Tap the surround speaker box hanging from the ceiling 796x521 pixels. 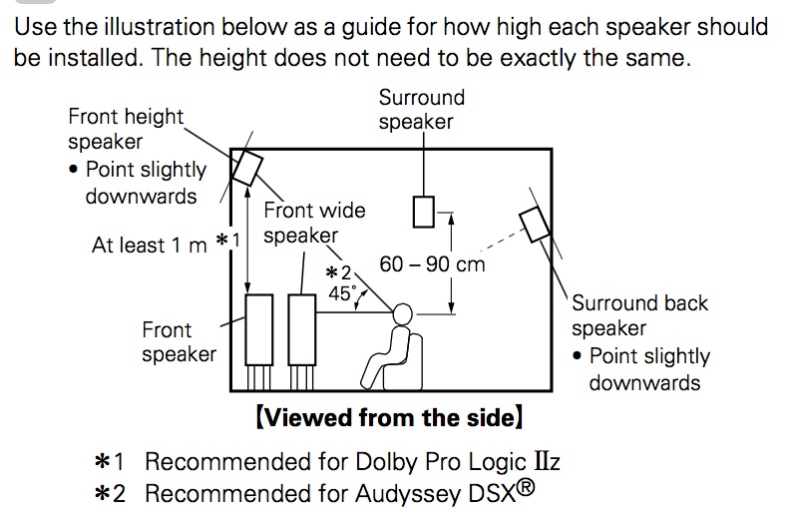tap(424, 212)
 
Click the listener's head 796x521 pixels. tap(401, 313)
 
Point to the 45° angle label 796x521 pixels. tap(343, 293)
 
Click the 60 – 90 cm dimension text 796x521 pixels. tap(433, 264)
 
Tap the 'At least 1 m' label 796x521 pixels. tap(150, 245)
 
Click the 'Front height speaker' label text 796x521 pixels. tap(126, 129)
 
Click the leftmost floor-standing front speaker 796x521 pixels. tap(259, 329)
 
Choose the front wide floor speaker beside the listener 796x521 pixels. tap(301, 329)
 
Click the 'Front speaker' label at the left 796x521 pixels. tap(179, 341)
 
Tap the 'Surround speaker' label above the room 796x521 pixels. tap(421, 110)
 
